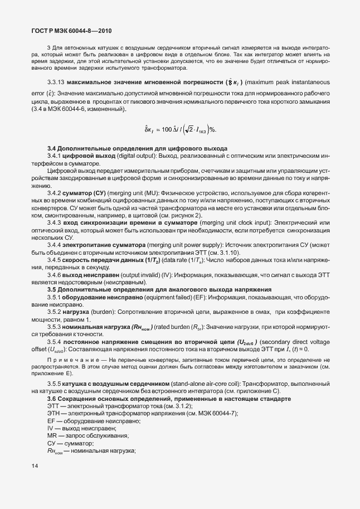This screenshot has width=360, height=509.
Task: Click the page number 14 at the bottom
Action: tap(35, 466)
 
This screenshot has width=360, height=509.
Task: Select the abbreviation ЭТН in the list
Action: tap(55, 414)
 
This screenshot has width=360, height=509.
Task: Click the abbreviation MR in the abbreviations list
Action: tap(53, 435)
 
